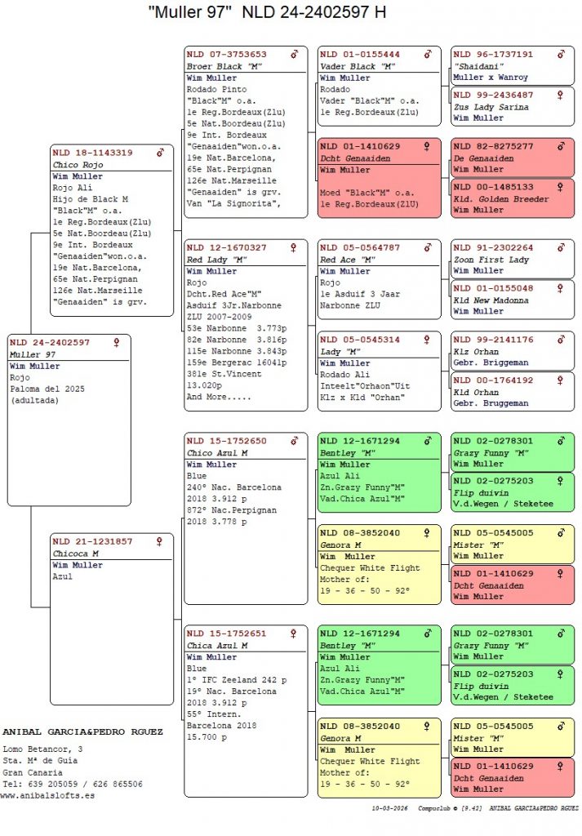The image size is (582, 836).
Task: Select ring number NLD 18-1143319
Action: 92,153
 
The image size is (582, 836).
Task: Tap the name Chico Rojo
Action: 78,164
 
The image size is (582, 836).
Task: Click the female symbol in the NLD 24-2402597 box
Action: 117,342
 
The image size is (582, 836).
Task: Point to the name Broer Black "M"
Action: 224,66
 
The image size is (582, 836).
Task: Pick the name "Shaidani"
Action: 479,66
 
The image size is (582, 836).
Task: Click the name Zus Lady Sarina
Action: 491,107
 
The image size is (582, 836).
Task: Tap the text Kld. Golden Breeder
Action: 501,199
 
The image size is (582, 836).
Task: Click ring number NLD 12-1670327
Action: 226,247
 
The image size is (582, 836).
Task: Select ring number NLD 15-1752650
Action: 226,441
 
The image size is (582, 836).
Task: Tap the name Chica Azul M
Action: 216,646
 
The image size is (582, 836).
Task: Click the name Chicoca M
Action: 75,553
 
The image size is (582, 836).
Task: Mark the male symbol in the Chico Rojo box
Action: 161,153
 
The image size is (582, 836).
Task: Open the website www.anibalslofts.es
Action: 47,795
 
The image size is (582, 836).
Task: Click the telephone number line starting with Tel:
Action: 73,784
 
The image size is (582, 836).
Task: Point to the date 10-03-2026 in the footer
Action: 390,809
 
